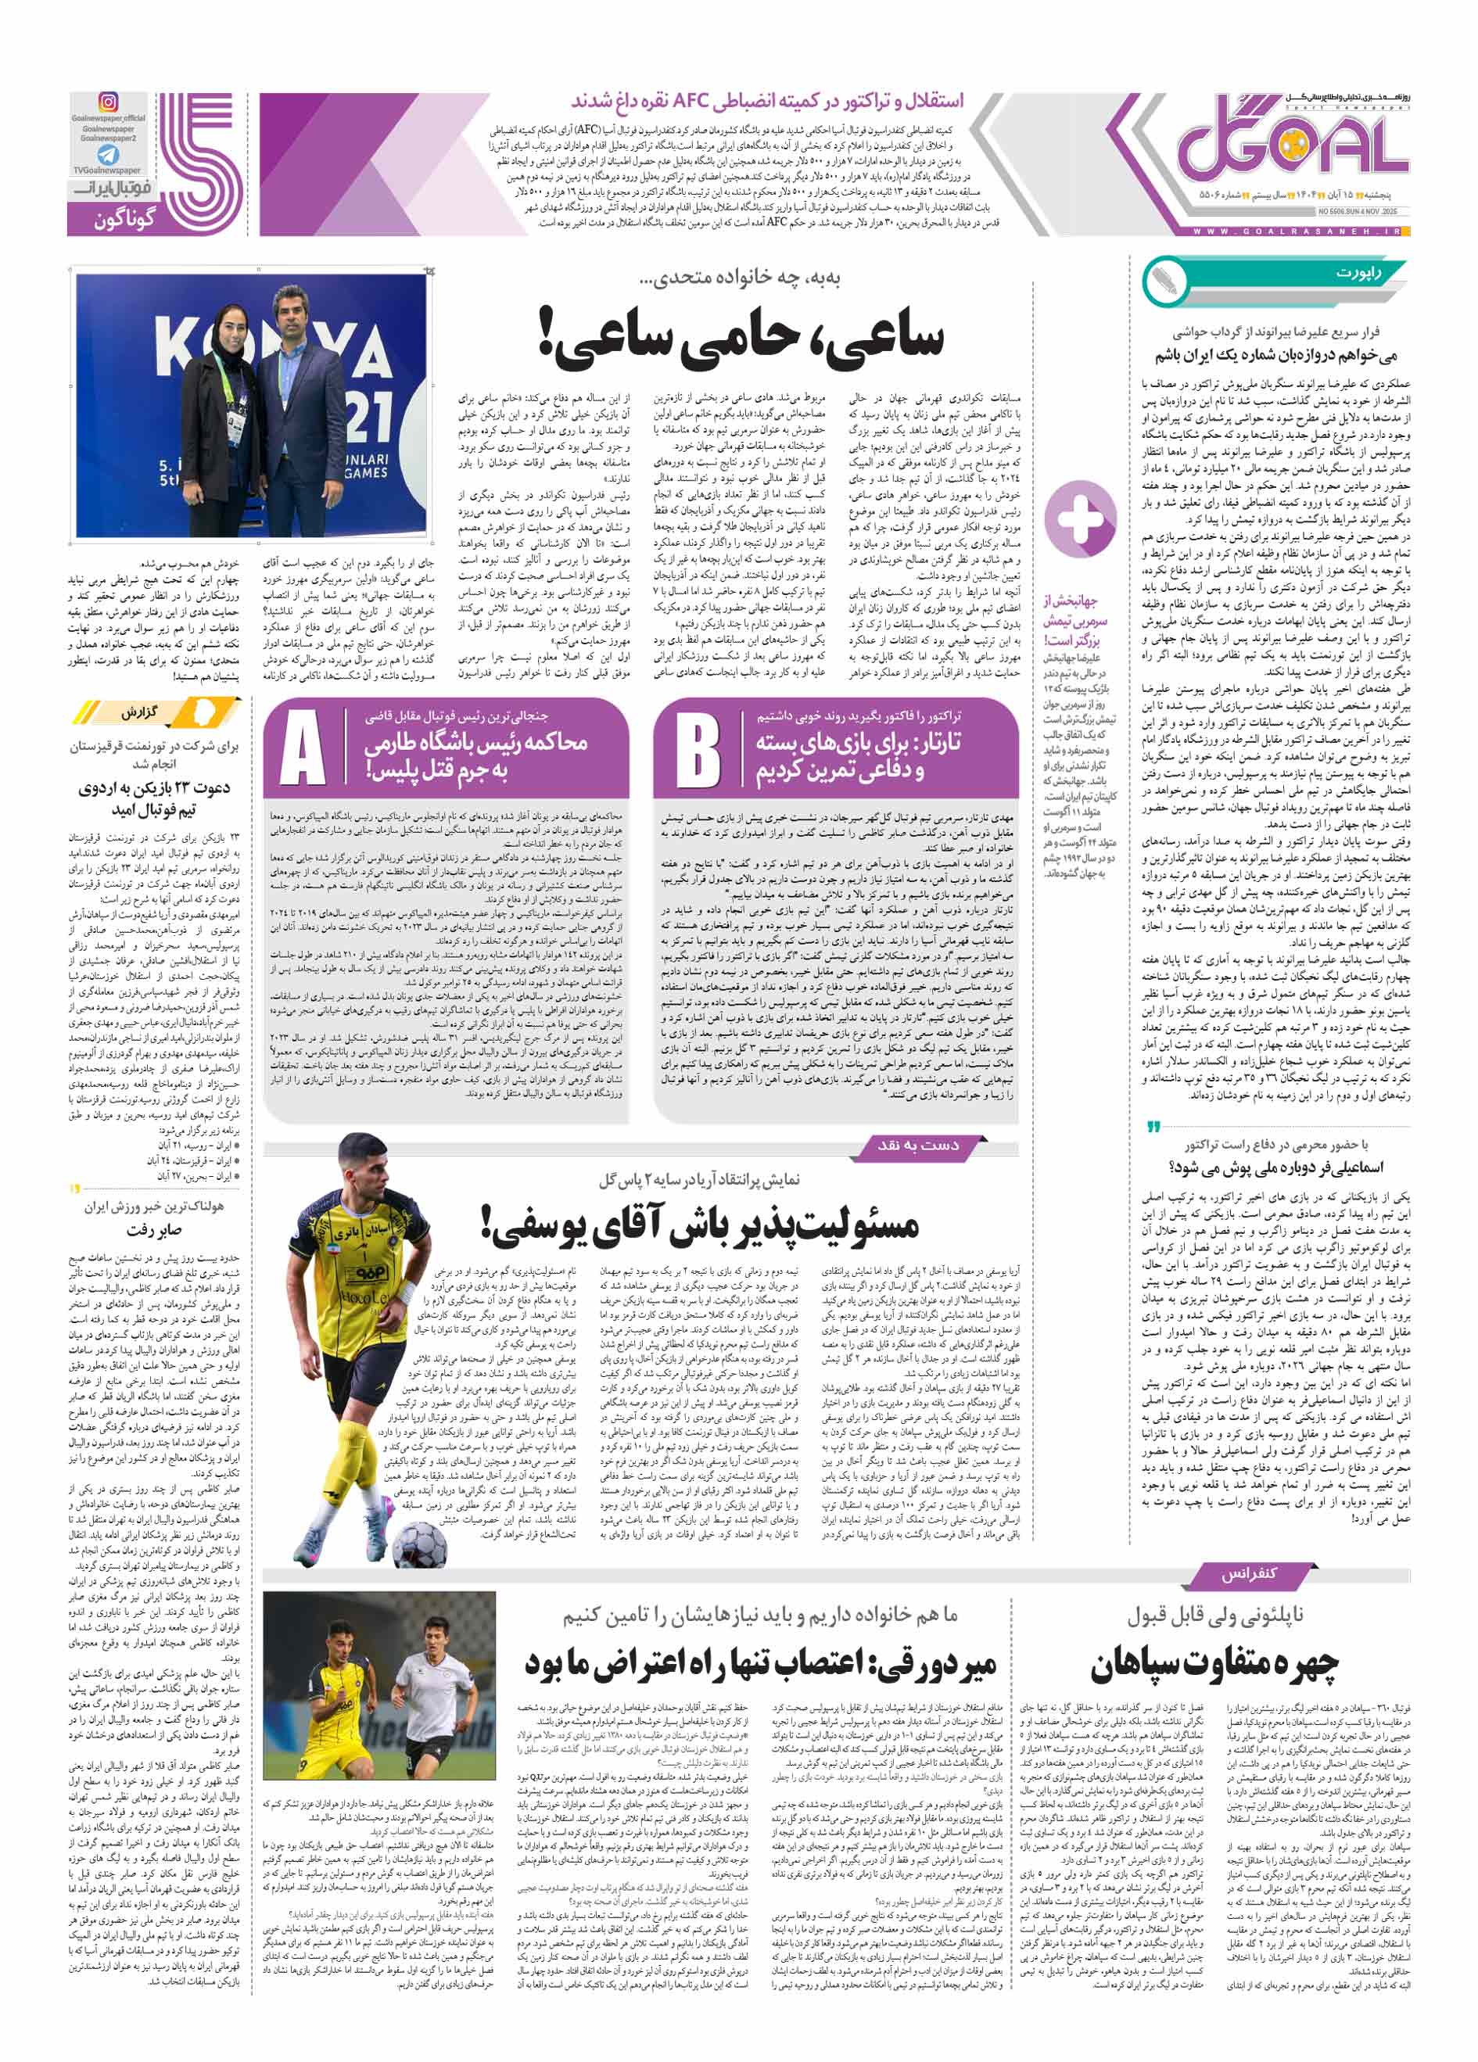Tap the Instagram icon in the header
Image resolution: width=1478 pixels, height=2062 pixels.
(x=108, y=102)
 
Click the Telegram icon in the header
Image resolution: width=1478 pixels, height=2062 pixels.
(x=108, y=156)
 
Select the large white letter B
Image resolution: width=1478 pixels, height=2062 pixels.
(x=698, y=749)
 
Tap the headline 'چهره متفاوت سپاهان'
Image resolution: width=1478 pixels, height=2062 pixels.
(x=1214, y=1663)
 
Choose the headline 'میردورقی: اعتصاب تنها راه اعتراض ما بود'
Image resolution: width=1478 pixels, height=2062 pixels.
(x=761, y=1663)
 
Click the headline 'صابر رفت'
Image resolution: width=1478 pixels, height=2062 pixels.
(x=155, y=1231)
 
